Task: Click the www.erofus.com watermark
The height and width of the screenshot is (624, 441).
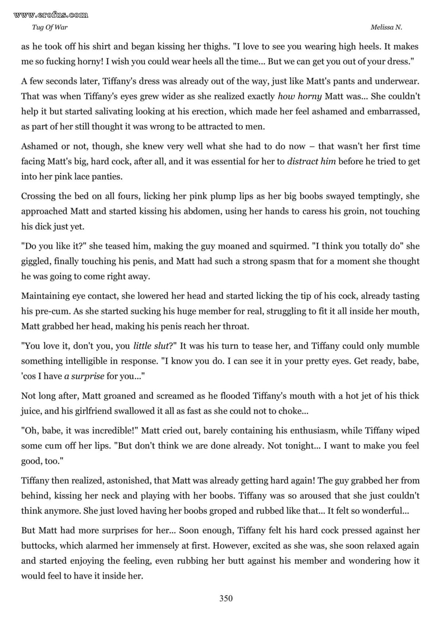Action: tap(51, 15)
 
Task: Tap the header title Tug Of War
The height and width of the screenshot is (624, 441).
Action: tap(50, 28)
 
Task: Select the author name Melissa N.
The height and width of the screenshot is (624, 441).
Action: tap(386, 28)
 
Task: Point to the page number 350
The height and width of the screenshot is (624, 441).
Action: tap(226, 599)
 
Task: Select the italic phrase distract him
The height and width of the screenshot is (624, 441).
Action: tap(311, 161)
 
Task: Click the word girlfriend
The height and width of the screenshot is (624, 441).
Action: tap(89, 411)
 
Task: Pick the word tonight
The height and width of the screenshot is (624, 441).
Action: tap(298, 446)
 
